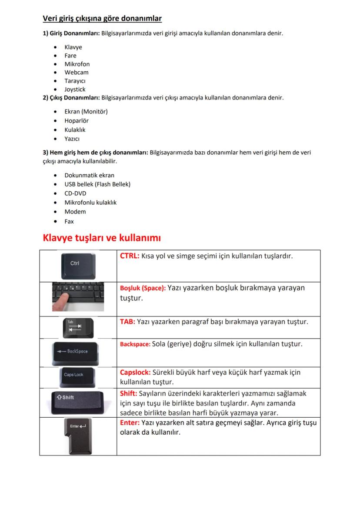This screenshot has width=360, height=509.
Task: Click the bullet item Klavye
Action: pos(73,47)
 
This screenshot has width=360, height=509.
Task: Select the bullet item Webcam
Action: pos(76,73)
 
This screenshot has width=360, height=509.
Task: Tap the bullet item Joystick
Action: pos(75,90)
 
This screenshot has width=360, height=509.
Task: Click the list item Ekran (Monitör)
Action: pos(86,112)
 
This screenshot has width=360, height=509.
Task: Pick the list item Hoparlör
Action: pos(76,121)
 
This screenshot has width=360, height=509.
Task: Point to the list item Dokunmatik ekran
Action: pos(89,175)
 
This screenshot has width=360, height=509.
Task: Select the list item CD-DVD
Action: pos(75,193)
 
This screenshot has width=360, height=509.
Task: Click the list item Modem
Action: pos(75,212)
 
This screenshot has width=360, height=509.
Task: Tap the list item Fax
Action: pos(69,221)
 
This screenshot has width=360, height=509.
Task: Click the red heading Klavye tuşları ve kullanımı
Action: pos(102,238)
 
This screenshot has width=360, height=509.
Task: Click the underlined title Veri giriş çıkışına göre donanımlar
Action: pos(102,18)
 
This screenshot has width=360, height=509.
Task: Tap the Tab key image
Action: pos(77,328)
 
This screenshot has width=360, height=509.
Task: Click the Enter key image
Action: pos(77,436)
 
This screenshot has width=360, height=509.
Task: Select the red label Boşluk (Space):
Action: pos(143,288)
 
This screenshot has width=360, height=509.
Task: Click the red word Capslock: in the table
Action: pos(135,373)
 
